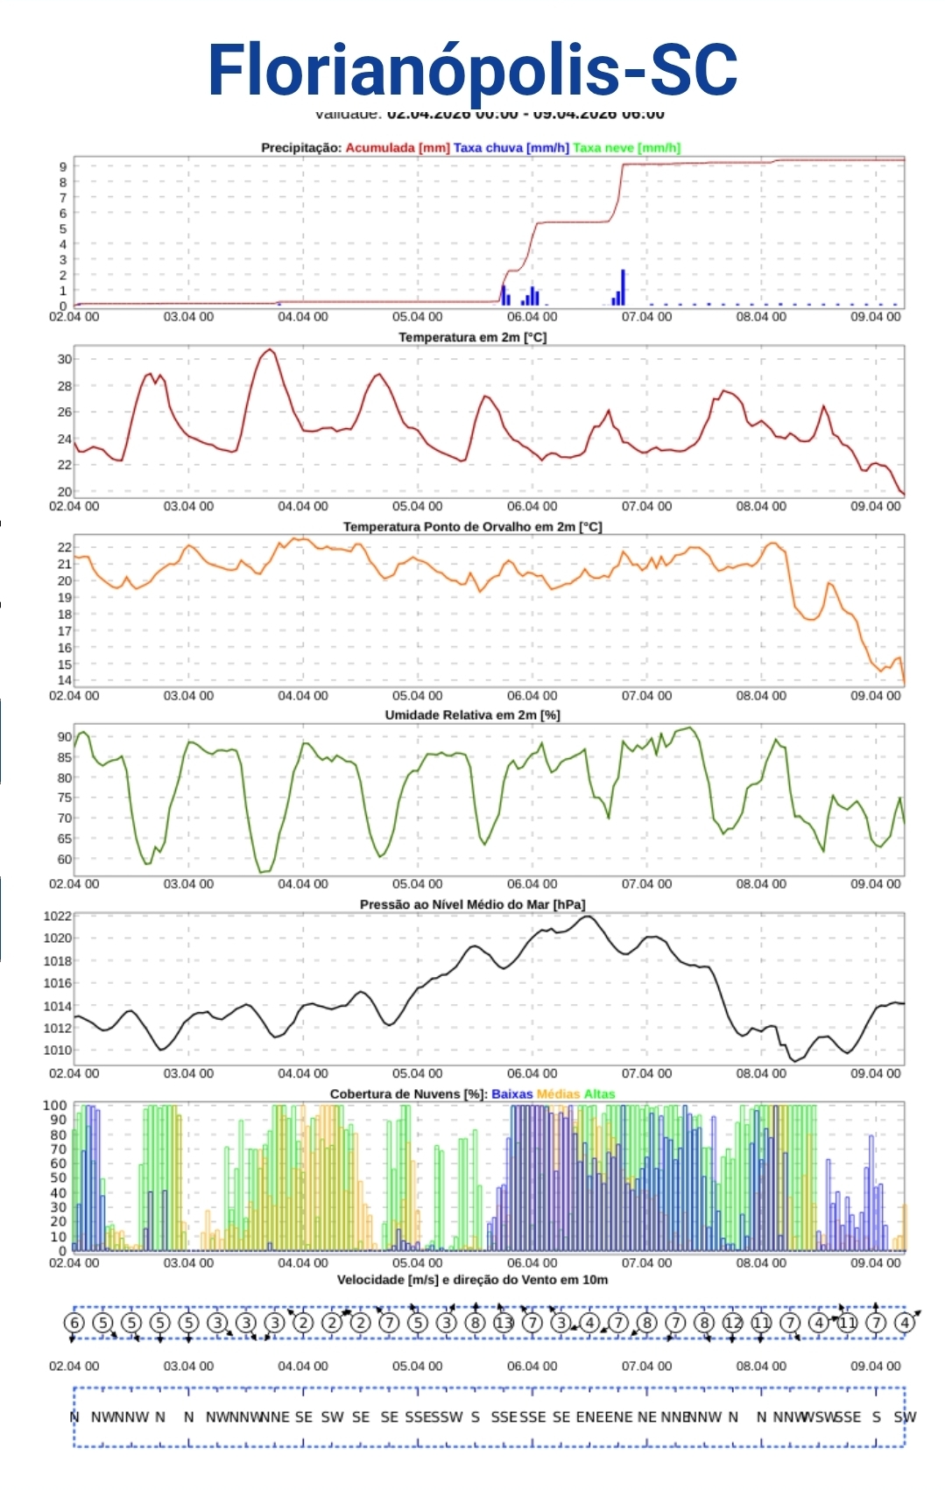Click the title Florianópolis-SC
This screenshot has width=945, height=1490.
[472, 70]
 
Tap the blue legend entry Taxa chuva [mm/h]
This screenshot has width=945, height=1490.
[511, 148]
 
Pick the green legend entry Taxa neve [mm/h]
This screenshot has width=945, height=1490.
[626, 148]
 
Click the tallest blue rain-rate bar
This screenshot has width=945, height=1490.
[623, 287]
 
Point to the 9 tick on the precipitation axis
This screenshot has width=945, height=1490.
[63, 166]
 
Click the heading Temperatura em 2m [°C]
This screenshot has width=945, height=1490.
[472, 337]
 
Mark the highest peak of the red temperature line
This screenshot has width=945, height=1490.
[270, 350]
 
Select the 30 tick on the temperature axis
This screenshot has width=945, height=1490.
[64, 359]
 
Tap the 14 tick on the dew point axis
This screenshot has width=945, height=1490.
[64, 680]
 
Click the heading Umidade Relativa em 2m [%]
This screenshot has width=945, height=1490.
[472, 715]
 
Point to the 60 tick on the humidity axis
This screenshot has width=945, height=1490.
[64, 859]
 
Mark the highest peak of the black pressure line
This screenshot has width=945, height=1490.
[588, 917]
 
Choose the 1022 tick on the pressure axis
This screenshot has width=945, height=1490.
[58, 917]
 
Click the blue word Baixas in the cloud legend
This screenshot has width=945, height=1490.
[512, 1094]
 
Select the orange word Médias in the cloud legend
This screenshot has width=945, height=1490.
[558, 1094]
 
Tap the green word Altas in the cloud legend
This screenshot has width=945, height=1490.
[600, 1094]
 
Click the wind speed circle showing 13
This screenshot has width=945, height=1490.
[504, 1323]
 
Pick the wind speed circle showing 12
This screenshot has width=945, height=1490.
[733, 1323]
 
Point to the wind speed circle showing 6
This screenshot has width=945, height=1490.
[74, 1323]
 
